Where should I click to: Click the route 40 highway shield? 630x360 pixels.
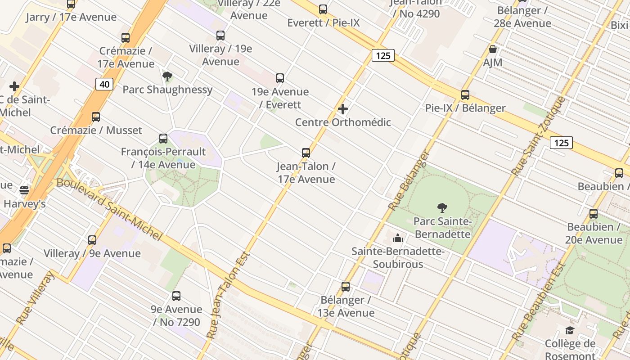point(104,84)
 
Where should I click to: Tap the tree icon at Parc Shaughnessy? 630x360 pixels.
point(167,76)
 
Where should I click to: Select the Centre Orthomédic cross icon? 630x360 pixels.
point(343,109)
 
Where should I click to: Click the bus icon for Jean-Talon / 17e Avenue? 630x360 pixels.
point(306,153)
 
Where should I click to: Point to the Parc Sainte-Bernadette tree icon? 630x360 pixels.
point(442,208)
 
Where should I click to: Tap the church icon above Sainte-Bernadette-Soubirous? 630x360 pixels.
point(398,238)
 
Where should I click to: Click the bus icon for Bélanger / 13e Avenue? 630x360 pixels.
point(346,287)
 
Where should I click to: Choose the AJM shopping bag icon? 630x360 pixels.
point(493,49)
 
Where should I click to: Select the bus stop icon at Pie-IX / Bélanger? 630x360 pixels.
point(465,95)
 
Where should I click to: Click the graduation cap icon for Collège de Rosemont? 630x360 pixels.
point(570,331)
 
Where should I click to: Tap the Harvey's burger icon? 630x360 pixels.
point(24,190)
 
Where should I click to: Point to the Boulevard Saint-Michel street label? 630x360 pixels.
point(109,209)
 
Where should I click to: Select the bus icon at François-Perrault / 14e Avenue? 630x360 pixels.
point(163,139)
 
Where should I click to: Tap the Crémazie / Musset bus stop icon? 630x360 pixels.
point(96,117)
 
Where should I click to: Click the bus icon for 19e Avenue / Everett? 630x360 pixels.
point(280,78)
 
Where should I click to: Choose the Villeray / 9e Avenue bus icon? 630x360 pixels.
point(92,240)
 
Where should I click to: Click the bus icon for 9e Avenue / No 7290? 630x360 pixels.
point(176,296)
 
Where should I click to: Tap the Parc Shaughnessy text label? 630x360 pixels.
point(167,90)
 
